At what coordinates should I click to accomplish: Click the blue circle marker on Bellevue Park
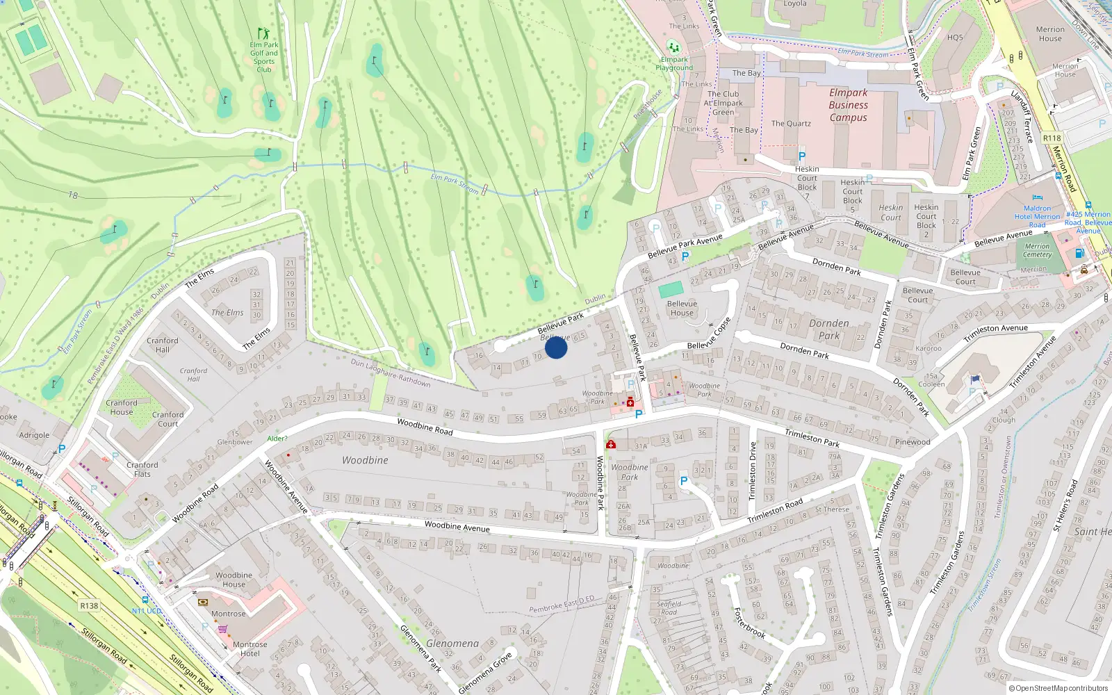[556, 347]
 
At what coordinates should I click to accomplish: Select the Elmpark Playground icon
[673, 47]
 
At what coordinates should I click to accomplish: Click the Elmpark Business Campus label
[848, 105]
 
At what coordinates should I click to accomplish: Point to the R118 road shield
[1052, 138]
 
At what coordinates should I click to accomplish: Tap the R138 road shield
[89, 605]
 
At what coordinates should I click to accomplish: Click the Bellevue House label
[682, 308]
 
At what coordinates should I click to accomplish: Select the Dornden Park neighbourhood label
[828, 329]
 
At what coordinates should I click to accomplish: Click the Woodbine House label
[234, 580]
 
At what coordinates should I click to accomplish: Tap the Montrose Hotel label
[250, 649]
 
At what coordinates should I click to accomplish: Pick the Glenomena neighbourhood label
[452, 644]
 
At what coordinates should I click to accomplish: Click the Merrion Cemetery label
[1037, 250]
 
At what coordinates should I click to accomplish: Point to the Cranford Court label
[168, 419]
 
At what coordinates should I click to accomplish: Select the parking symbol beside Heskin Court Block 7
[802, 157]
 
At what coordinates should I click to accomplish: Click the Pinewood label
[913, 442]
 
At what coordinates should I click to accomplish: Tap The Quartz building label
[791, 124]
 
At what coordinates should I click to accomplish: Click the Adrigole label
[34, 435]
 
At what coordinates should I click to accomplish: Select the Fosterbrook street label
[750, 623]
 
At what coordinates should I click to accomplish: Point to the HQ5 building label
[955, 38]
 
